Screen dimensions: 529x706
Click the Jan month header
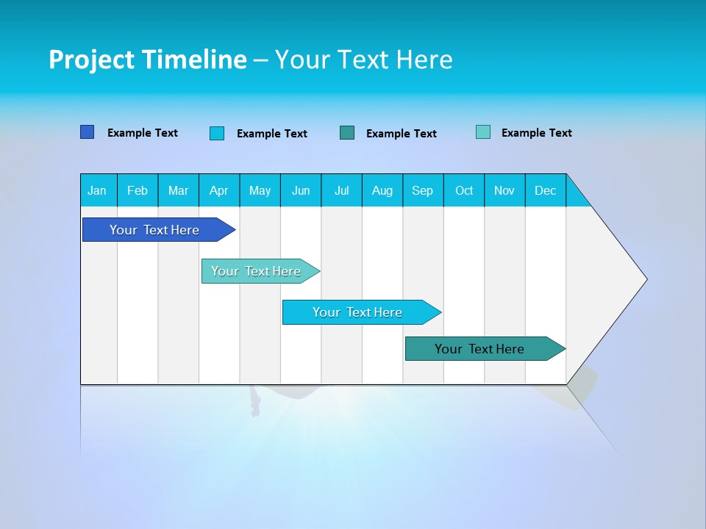click(x=97, y=190)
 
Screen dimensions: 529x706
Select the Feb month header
click(x=138, y=190)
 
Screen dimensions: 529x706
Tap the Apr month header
click(x=218, y=190)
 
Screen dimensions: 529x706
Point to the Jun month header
click(x=301, y=190)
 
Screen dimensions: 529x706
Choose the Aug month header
click(x=382, y=190)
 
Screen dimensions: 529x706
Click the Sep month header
click(x=422, y=190)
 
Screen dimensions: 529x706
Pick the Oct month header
click(x=464, y=190)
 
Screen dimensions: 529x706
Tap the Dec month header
click(x=545, y=190)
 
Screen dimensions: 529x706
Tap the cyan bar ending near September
click(x=358, y=312)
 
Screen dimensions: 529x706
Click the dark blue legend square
click(x=88, y=132)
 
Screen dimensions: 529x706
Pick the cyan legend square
click(x=217, y=133)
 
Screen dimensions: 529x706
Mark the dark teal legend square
click(x=347, y=133)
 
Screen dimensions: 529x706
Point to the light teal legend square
click(x=483, y=132)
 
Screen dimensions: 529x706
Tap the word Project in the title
click(x=90, y=60)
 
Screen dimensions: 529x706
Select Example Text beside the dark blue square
click(x=143, y=133)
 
